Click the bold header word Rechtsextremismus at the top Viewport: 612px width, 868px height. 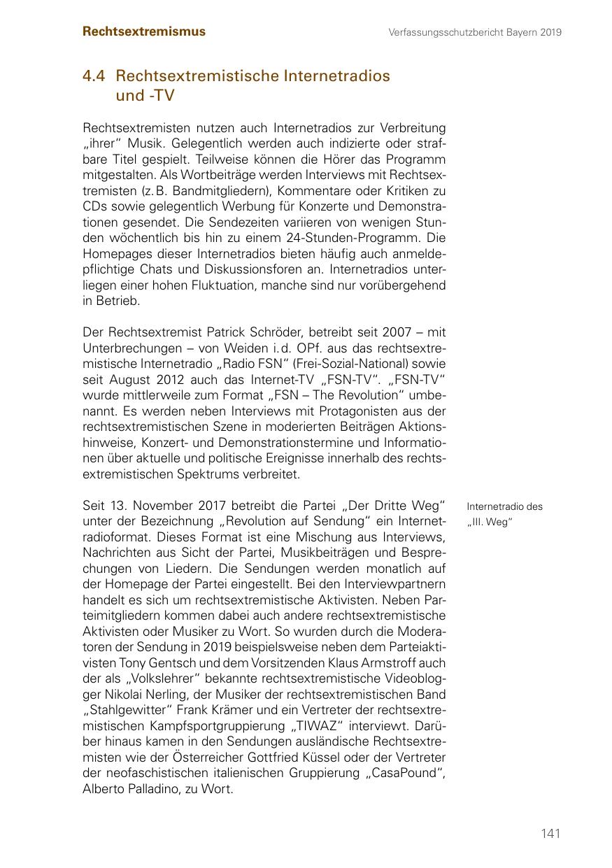click(144, 31)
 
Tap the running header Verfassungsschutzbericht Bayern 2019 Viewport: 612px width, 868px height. click(476, 32)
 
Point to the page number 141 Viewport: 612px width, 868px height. click(550, 833)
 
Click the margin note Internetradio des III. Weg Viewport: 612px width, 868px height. click(504, 514)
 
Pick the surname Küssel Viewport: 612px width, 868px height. click(362, 757)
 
